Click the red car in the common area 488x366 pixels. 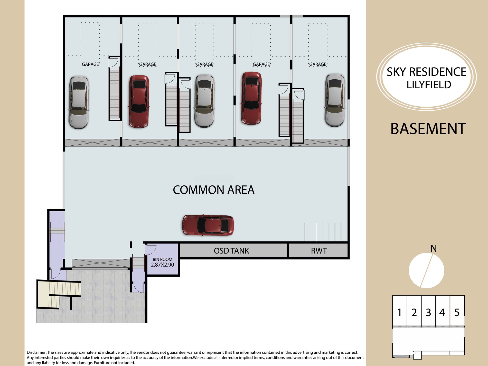(208, 225)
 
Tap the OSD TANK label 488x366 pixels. (231, 251)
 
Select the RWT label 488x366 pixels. (319, 251)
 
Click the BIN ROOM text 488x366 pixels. (162, 259)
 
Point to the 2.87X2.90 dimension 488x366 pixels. (162, 265)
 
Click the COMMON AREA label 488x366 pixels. (213, 190)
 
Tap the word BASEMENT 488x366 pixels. (428, 129)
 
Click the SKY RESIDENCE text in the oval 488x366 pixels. (426, 72)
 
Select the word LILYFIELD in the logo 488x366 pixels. (429, 85)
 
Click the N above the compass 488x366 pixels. (434, 248)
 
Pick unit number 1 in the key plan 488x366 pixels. (399, 313)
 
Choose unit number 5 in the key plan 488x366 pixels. (457, 313)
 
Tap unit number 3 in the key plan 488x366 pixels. (428, 313)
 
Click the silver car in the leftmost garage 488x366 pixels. (79, 102)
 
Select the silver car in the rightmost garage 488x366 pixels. (335, 100)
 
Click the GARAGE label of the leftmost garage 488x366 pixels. (90, 64)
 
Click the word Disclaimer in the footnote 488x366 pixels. (36, 352)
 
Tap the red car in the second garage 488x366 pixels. (139, 101)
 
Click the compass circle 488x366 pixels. (426, 270)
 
